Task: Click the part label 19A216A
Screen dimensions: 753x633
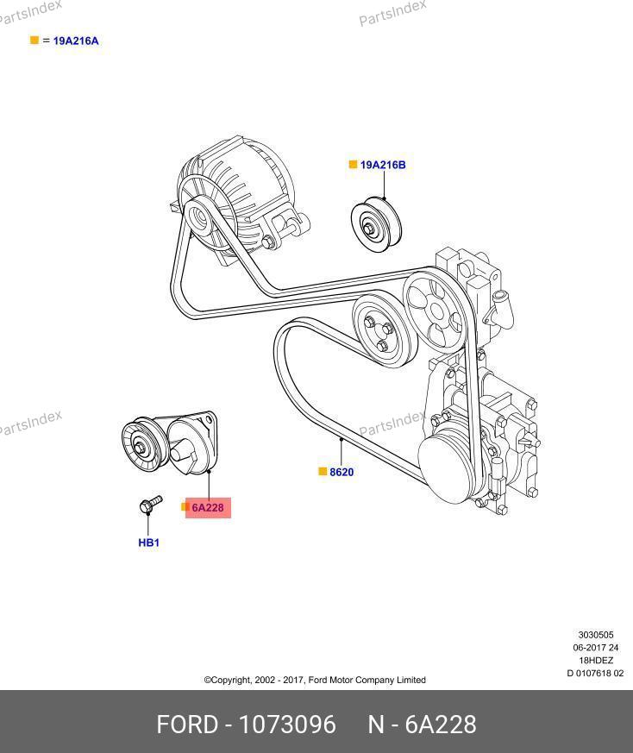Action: pyautogui.click(x=76, y=41)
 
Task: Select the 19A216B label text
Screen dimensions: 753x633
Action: pyautogui.click(x=383, y=165)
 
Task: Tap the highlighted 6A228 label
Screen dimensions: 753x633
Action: pyautogui.click(x=207, y=508)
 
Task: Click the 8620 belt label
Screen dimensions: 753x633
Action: pyautogui.click(x=342, y=473)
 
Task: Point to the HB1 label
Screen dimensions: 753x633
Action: pyautogui.click(x=149, y=543)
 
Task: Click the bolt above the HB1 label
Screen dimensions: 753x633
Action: pyautogui.click(x=147, y=505)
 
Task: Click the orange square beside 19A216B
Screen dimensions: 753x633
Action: pyautogui.click(x=353, y=165)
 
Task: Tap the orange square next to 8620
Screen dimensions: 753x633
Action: pyautogui.click(x=323, y=472)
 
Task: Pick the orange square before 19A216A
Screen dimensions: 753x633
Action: pyautogui.click(x=34, y=41)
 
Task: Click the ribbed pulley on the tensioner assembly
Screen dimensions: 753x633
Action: pyautogui.click(x=141, y=443)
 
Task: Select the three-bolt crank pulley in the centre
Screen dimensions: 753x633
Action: pyautogui.click(x=385, y=328)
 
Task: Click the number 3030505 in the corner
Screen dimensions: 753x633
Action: pyautogui.click(x=595, y=635)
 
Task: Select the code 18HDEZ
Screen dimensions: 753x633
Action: pyautogui.click(x=595, y=661)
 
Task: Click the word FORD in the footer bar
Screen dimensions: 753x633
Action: pyautogui.click(x=186, y=725)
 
